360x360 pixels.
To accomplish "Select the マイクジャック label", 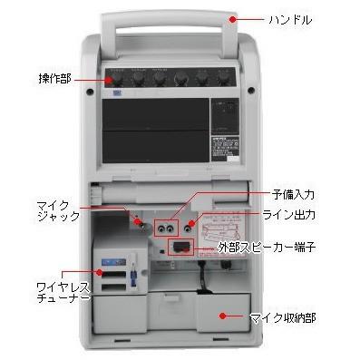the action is (61, 211).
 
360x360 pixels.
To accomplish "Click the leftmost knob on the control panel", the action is (117, 79).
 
